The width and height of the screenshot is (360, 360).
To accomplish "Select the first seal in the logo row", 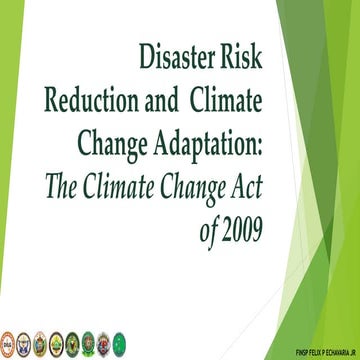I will [8, 340].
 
